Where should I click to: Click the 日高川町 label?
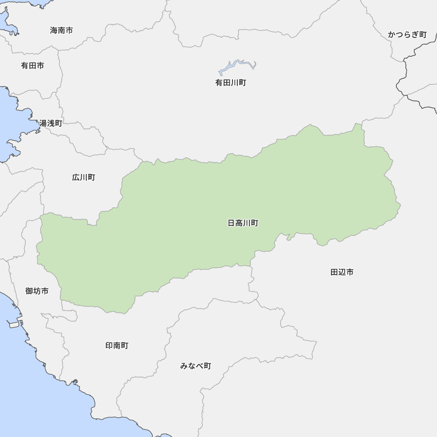pyautogui.click(x=243, y=223)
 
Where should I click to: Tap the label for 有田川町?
pyautogui.click(x=231, y=83)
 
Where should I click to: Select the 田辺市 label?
pyautogui.click(x=342, y=272)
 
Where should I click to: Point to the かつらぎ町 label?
pyautogui.click(x=407, y=35)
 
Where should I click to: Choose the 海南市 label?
pyautogui.click(x=61, y=31)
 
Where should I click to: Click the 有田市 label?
pyautogui.click(x=32, y=66)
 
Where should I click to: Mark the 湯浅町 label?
pyautogui.click(x=51, y=123)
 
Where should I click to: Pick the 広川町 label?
pyautogui.click(x=83, y=177)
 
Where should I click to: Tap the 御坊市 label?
pyautogui.click(x=37, y=291)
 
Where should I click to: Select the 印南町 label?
pyautogui.click(x=117, y=346)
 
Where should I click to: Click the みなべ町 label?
pyautogui.click(x=195, y=366)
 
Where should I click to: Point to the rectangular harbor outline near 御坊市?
pyautogui.click(x=14, y=324)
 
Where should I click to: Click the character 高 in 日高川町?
pyautogui.click(x=239, y=223)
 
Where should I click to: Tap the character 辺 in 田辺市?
pyautogui.click(x=342, y=272)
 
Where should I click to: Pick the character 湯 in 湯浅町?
pyautogui.click(x=43, y=123)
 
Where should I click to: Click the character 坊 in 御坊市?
pyautogui.click(x=37, y=291)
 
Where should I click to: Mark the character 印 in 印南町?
pyautogui.click(x=109, y=346)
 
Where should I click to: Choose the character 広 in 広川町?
pyautogui.click(x=76, y=177)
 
